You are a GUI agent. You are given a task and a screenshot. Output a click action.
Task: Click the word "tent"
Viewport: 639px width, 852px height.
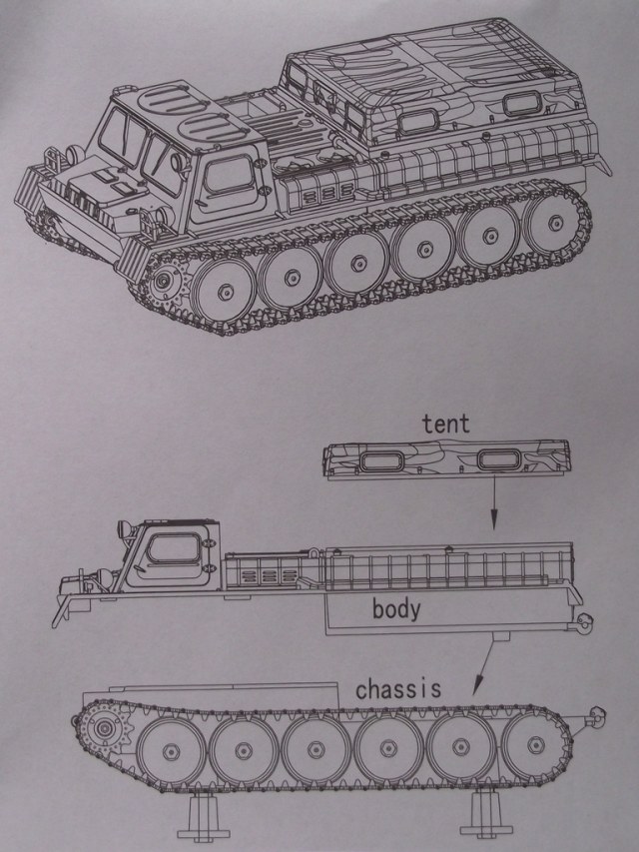point(445,424)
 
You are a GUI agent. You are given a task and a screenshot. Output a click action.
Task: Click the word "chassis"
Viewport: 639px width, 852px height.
point(398,688)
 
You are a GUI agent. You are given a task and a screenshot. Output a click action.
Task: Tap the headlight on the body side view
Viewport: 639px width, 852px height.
point(122,527)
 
